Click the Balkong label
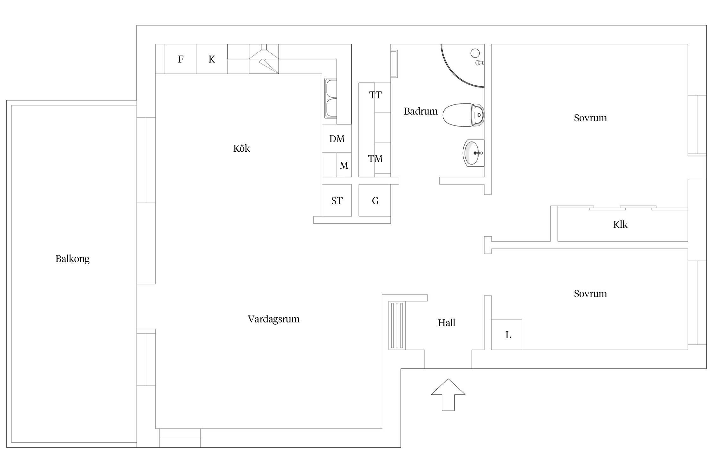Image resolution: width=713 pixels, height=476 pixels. [x=72, y=259]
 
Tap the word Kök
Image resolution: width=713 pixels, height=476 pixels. [x=241, y=148]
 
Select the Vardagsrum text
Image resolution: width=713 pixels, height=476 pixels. [x=273, y=319]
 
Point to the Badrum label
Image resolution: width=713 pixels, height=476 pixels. [x=421, y=111]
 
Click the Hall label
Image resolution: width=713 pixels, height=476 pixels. [x=446, y=323]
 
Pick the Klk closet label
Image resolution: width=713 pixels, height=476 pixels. [x=620, y=225]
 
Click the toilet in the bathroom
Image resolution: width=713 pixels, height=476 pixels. [x=463, y=115]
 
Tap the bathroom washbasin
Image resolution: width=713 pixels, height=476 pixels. [x=473, y=153]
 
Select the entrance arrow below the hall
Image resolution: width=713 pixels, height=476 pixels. [x=448, y=395]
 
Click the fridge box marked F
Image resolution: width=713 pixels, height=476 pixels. [x=180, y=59]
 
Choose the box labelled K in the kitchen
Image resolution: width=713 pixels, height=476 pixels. [x=212, y=59]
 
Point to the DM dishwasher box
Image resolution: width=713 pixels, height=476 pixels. [x=337, y=138]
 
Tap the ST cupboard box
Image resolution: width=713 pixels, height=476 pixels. [x=337, y=200]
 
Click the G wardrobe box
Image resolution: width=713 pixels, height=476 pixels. [x=375, y=200]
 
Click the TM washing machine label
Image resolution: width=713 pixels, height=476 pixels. [x=376, y=159]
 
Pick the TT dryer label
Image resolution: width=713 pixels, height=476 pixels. [x=376, y=95]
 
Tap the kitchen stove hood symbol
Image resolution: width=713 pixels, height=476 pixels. [x=264, y=59]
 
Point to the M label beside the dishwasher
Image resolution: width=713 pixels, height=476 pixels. [x=344, y=165]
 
